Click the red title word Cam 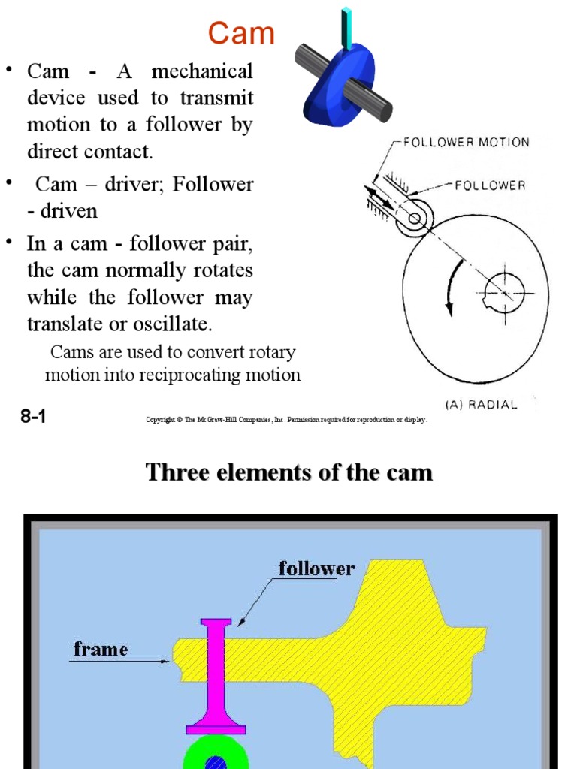click(x=241, y=34)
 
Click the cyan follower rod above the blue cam click(x=347, y=28)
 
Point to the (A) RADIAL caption click(x=481, y=405)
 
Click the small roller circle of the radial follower click(x=414, y=219)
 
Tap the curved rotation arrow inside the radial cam click(x=453, y=289)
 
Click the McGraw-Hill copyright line click(x=286, y=420)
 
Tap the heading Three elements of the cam click(x=288, y=472)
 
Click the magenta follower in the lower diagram click(x=216, y=676)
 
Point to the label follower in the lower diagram click(x=316, y=568)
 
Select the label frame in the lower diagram click(x=101, y=648)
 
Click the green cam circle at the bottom click(x=198, y=754)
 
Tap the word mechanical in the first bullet click(x=202, y=73)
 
